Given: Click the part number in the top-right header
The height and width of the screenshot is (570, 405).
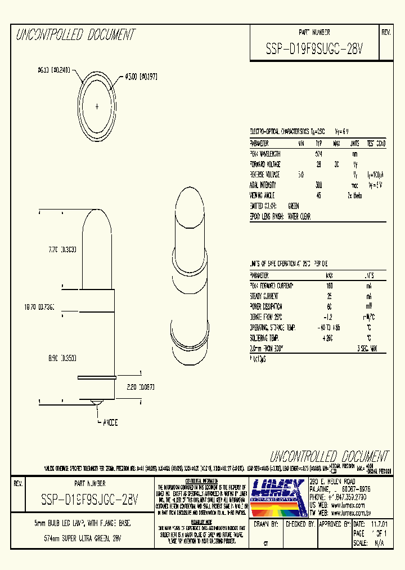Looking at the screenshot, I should [x=314, y=50].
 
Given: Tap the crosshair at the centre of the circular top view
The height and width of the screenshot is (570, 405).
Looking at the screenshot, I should [x=97, y=106].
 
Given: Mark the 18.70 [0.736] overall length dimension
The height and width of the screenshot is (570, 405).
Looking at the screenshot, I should [x=38, y=308].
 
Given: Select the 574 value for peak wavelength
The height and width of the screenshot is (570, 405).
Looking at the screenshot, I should [x=318, y=154].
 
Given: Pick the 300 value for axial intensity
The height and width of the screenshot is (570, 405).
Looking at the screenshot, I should [x=318, y=185].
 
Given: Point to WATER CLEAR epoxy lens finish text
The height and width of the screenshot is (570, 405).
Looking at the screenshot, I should [x=299, y=216].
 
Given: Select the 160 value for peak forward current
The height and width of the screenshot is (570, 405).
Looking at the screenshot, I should [x=329, y=286].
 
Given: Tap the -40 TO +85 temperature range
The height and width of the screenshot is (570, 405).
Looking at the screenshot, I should [x=329, y=327].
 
